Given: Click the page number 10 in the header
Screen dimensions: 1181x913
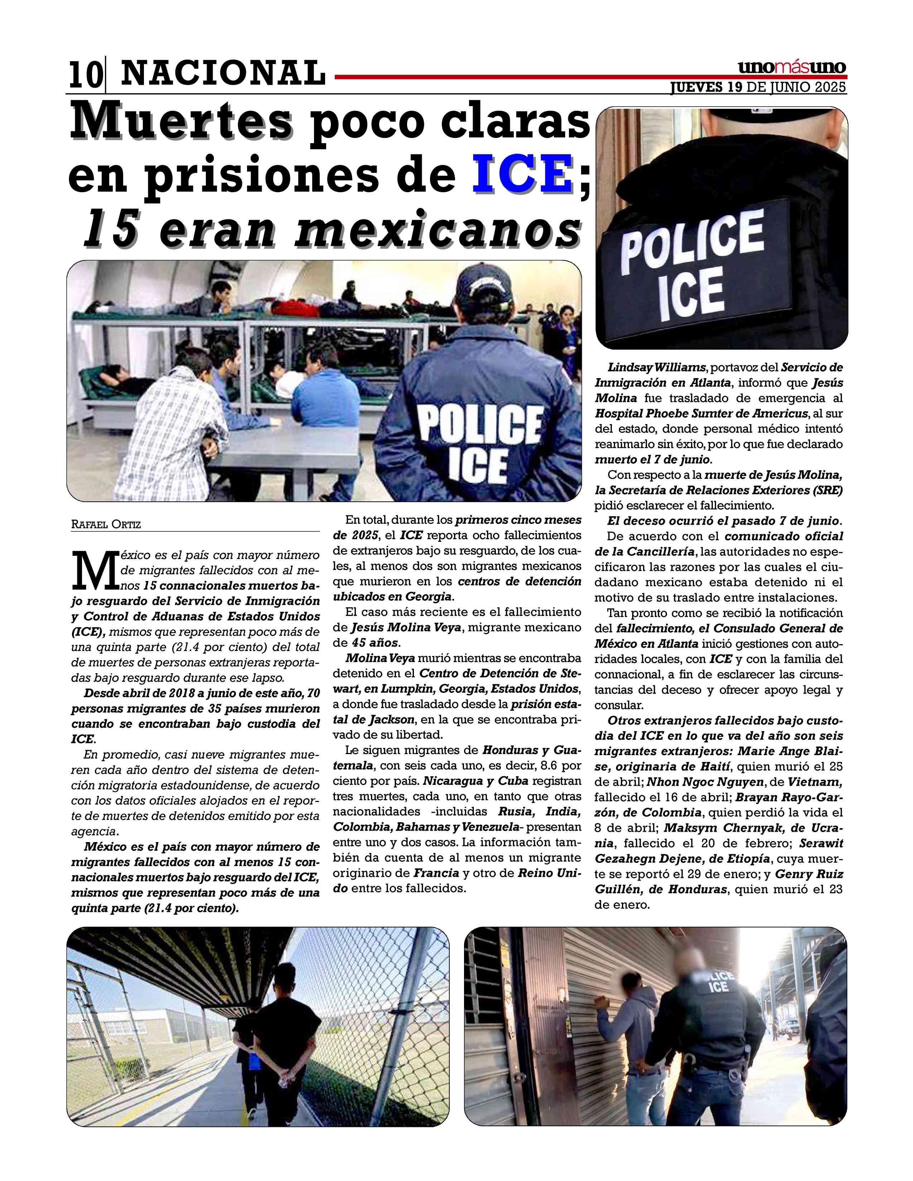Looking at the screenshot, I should point(85,75).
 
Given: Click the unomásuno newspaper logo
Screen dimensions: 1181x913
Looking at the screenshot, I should point(792,68).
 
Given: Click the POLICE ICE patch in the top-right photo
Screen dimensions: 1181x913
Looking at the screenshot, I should point(692,263).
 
